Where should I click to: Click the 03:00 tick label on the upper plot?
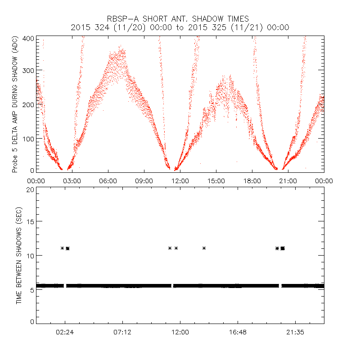pyautogui.click(x=72, y=180)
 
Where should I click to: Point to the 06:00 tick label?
pyautogui.click(x=108, y=180)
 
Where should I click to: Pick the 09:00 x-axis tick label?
pyautogui.click(x=144, y=180)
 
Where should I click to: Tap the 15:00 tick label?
pyautogui.click(x=216, y=180)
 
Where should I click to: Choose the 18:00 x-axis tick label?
pyautogui.click(x=252, y=180)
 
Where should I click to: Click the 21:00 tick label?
pyautogui.click(x=288, y=180)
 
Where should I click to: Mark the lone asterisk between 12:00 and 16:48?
pyautogui.click(x=204, y=248)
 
